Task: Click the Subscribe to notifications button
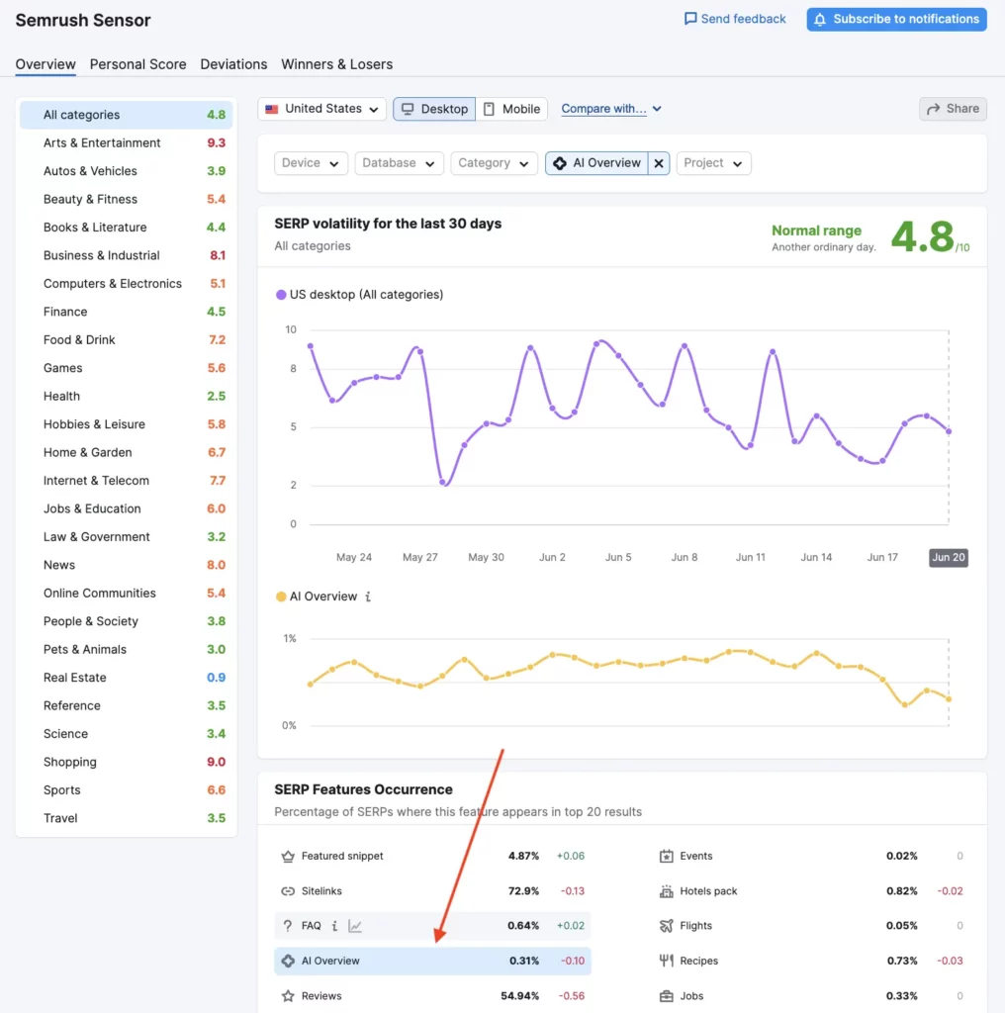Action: [896, 19]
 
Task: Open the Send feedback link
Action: [735, 19]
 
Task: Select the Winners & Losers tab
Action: [336, 64]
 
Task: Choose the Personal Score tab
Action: [137, 64]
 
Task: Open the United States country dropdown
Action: [321, 109]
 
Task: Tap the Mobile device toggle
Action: [511, 109]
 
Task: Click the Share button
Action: [953, 109]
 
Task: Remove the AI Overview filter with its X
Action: [659, 163]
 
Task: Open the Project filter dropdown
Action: [713, 163]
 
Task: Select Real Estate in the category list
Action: [75, 678]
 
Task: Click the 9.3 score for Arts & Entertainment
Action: [216, 143]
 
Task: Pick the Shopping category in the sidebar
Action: [70, 762]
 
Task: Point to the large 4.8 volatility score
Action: [922, 237]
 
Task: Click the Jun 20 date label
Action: [948, 558]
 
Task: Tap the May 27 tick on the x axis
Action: [419, 558]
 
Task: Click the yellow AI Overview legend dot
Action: [281, 597]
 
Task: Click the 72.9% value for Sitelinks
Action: [523, 891]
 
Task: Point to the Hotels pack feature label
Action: [708, 891]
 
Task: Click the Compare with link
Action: [604, 109]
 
